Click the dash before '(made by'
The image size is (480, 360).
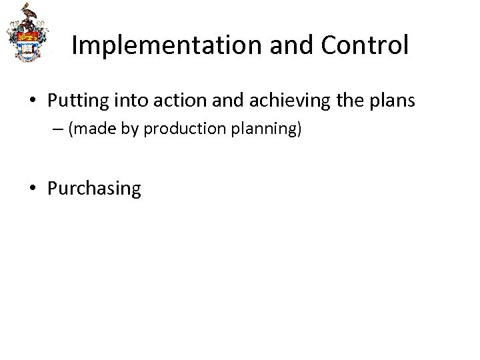point(59,129)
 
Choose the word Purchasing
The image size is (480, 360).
point(94,189)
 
